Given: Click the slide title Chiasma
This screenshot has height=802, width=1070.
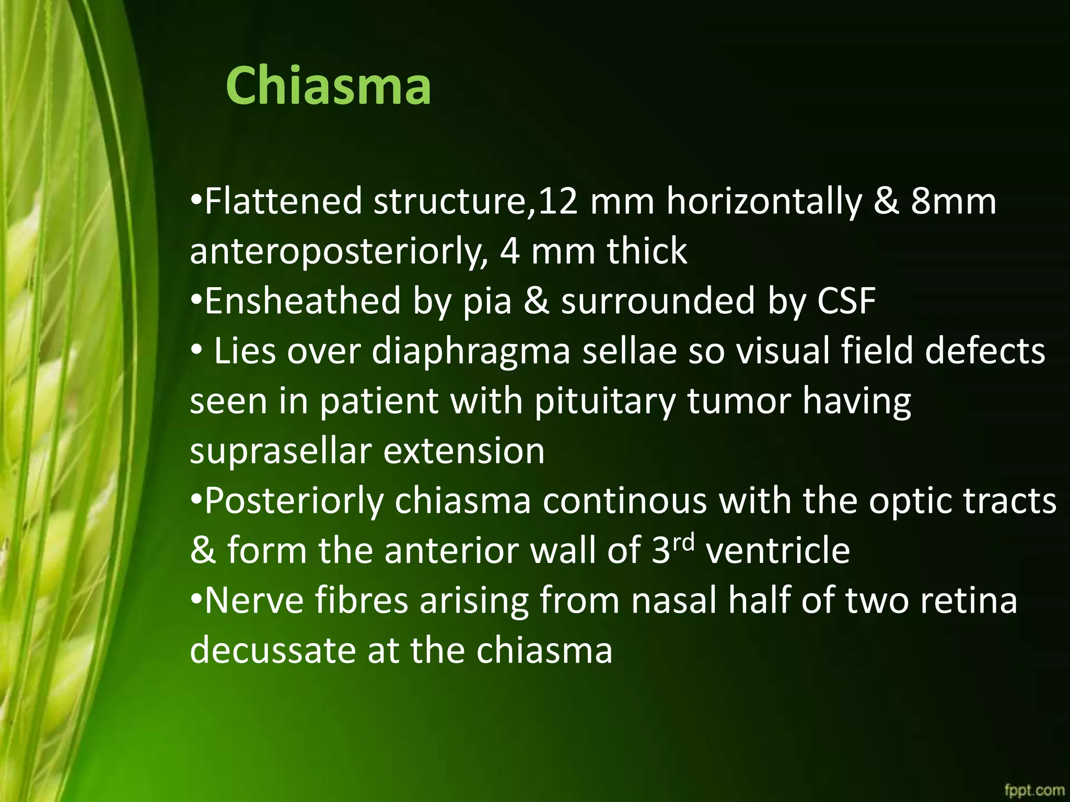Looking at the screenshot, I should tap(328, 86).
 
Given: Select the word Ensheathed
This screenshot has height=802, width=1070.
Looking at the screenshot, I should tap(303, 301).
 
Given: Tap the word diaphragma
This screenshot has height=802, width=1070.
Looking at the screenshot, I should tap(471, 352).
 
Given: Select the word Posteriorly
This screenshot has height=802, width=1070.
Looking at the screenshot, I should tap(294, 502).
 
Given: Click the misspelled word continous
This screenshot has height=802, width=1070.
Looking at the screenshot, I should tap(624, 502).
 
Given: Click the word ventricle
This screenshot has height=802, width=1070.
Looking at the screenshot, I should tap(777, 551).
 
